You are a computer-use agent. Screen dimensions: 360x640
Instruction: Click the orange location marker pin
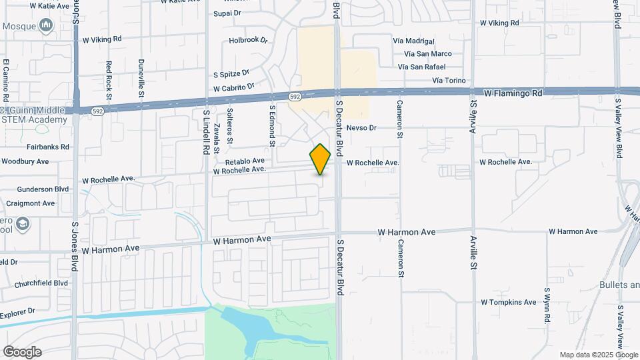coord(320,159)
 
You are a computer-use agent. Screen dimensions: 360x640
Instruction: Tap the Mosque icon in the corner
coord(46,26)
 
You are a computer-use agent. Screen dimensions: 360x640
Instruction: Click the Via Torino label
coord(449,81)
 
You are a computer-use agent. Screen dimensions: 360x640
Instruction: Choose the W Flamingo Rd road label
coord(513,93)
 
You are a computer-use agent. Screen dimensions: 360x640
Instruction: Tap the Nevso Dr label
coord(362,127)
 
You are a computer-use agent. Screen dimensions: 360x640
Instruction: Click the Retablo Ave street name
coord(245,161)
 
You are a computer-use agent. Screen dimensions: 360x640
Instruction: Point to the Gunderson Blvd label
coord(43,189)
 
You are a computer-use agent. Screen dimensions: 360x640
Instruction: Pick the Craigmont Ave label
coord(30,203)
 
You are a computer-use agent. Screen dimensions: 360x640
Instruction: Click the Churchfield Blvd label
coord(36,283)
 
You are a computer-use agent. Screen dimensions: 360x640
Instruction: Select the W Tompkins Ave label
coord(508,302)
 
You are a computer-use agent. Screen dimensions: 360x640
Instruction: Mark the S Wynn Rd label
coord(546,305)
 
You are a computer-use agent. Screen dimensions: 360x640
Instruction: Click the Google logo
coord(22,351)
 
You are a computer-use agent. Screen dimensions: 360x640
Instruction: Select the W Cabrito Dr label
coord(234,87)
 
